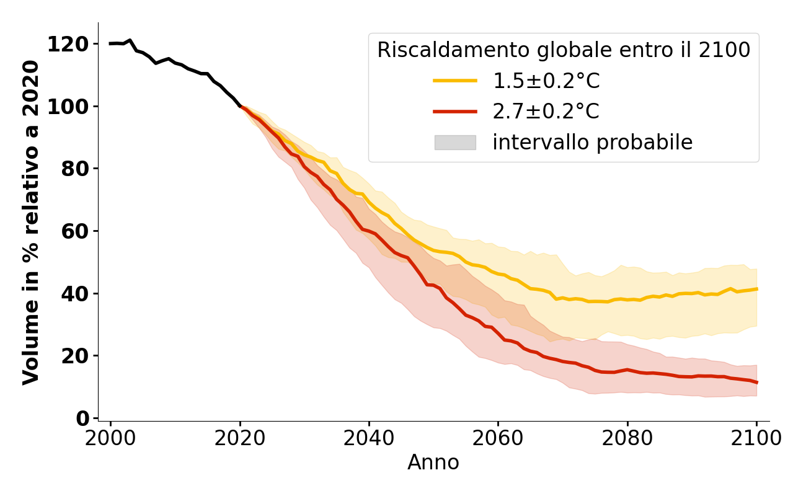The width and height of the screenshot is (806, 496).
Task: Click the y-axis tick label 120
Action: (68, 44)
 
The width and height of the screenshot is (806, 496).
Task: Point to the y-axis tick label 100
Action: (68, 106)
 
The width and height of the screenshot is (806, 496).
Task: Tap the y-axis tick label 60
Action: (75, 231)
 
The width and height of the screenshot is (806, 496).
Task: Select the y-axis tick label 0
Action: (82, 418)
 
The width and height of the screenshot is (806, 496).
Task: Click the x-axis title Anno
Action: (433, 463)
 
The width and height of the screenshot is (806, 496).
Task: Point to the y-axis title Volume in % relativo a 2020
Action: (31, 222)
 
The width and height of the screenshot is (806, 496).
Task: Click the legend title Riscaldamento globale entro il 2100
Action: (564, 50)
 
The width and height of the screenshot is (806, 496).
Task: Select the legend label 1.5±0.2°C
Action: (546, 81)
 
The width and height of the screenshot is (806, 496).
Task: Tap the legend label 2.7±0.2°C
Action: (546, 112)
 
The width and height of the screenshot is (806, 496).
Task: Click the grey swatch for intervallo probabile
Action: (455, 143)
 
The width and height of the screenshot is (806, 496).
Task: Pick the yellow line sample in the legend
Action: (455, 81)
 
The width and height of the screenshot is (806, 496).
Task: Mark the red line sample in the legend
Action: (455, 112)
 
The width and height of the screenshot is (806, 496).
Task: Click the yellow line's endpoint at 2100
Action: (756, 289)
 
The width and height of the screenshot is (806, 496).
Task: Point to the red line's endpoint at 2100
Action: (756, 383)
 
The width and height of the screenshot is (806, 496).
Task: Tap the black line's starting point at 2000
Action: (110, 43)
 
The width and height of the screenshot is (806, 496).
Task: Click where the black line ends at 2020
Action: (240, 106)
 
